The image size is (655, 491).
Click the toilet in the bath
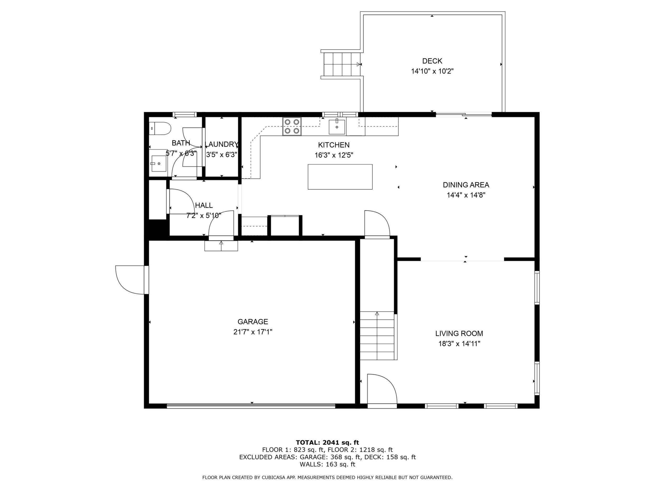[x=160, y=129]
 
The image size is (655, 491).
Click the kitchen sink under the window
[x=337, y=127]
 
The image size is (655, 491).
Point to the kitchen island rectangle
[x=340, y=177]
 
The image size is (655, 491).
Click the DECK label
[x=432, y=61]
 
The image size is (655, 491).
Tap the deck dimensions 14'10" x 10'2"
[x=432, y=71]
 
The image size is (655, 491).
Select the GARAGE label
[x=253, y=321]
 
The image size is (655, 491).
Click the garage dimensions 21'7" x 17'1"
[x=253, y=332]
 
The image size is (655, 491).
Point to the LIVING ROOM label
[x=459, y=333]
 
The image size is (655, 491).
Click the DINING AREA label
[x=466, y=185]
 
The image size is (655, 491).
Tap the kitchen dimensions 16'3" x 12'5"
[x=334, y=155]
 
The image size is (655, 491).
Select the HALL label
[x=204, y=205]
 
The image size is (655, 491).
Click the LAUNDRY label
[x=221, y=145]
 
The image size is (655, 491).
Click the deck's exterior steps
[x=342, y=64]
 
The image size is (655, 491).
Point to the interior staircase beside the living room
[x=377, y=336]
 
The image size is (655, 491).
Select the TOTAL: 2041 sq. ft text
[x=327, y=442]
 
